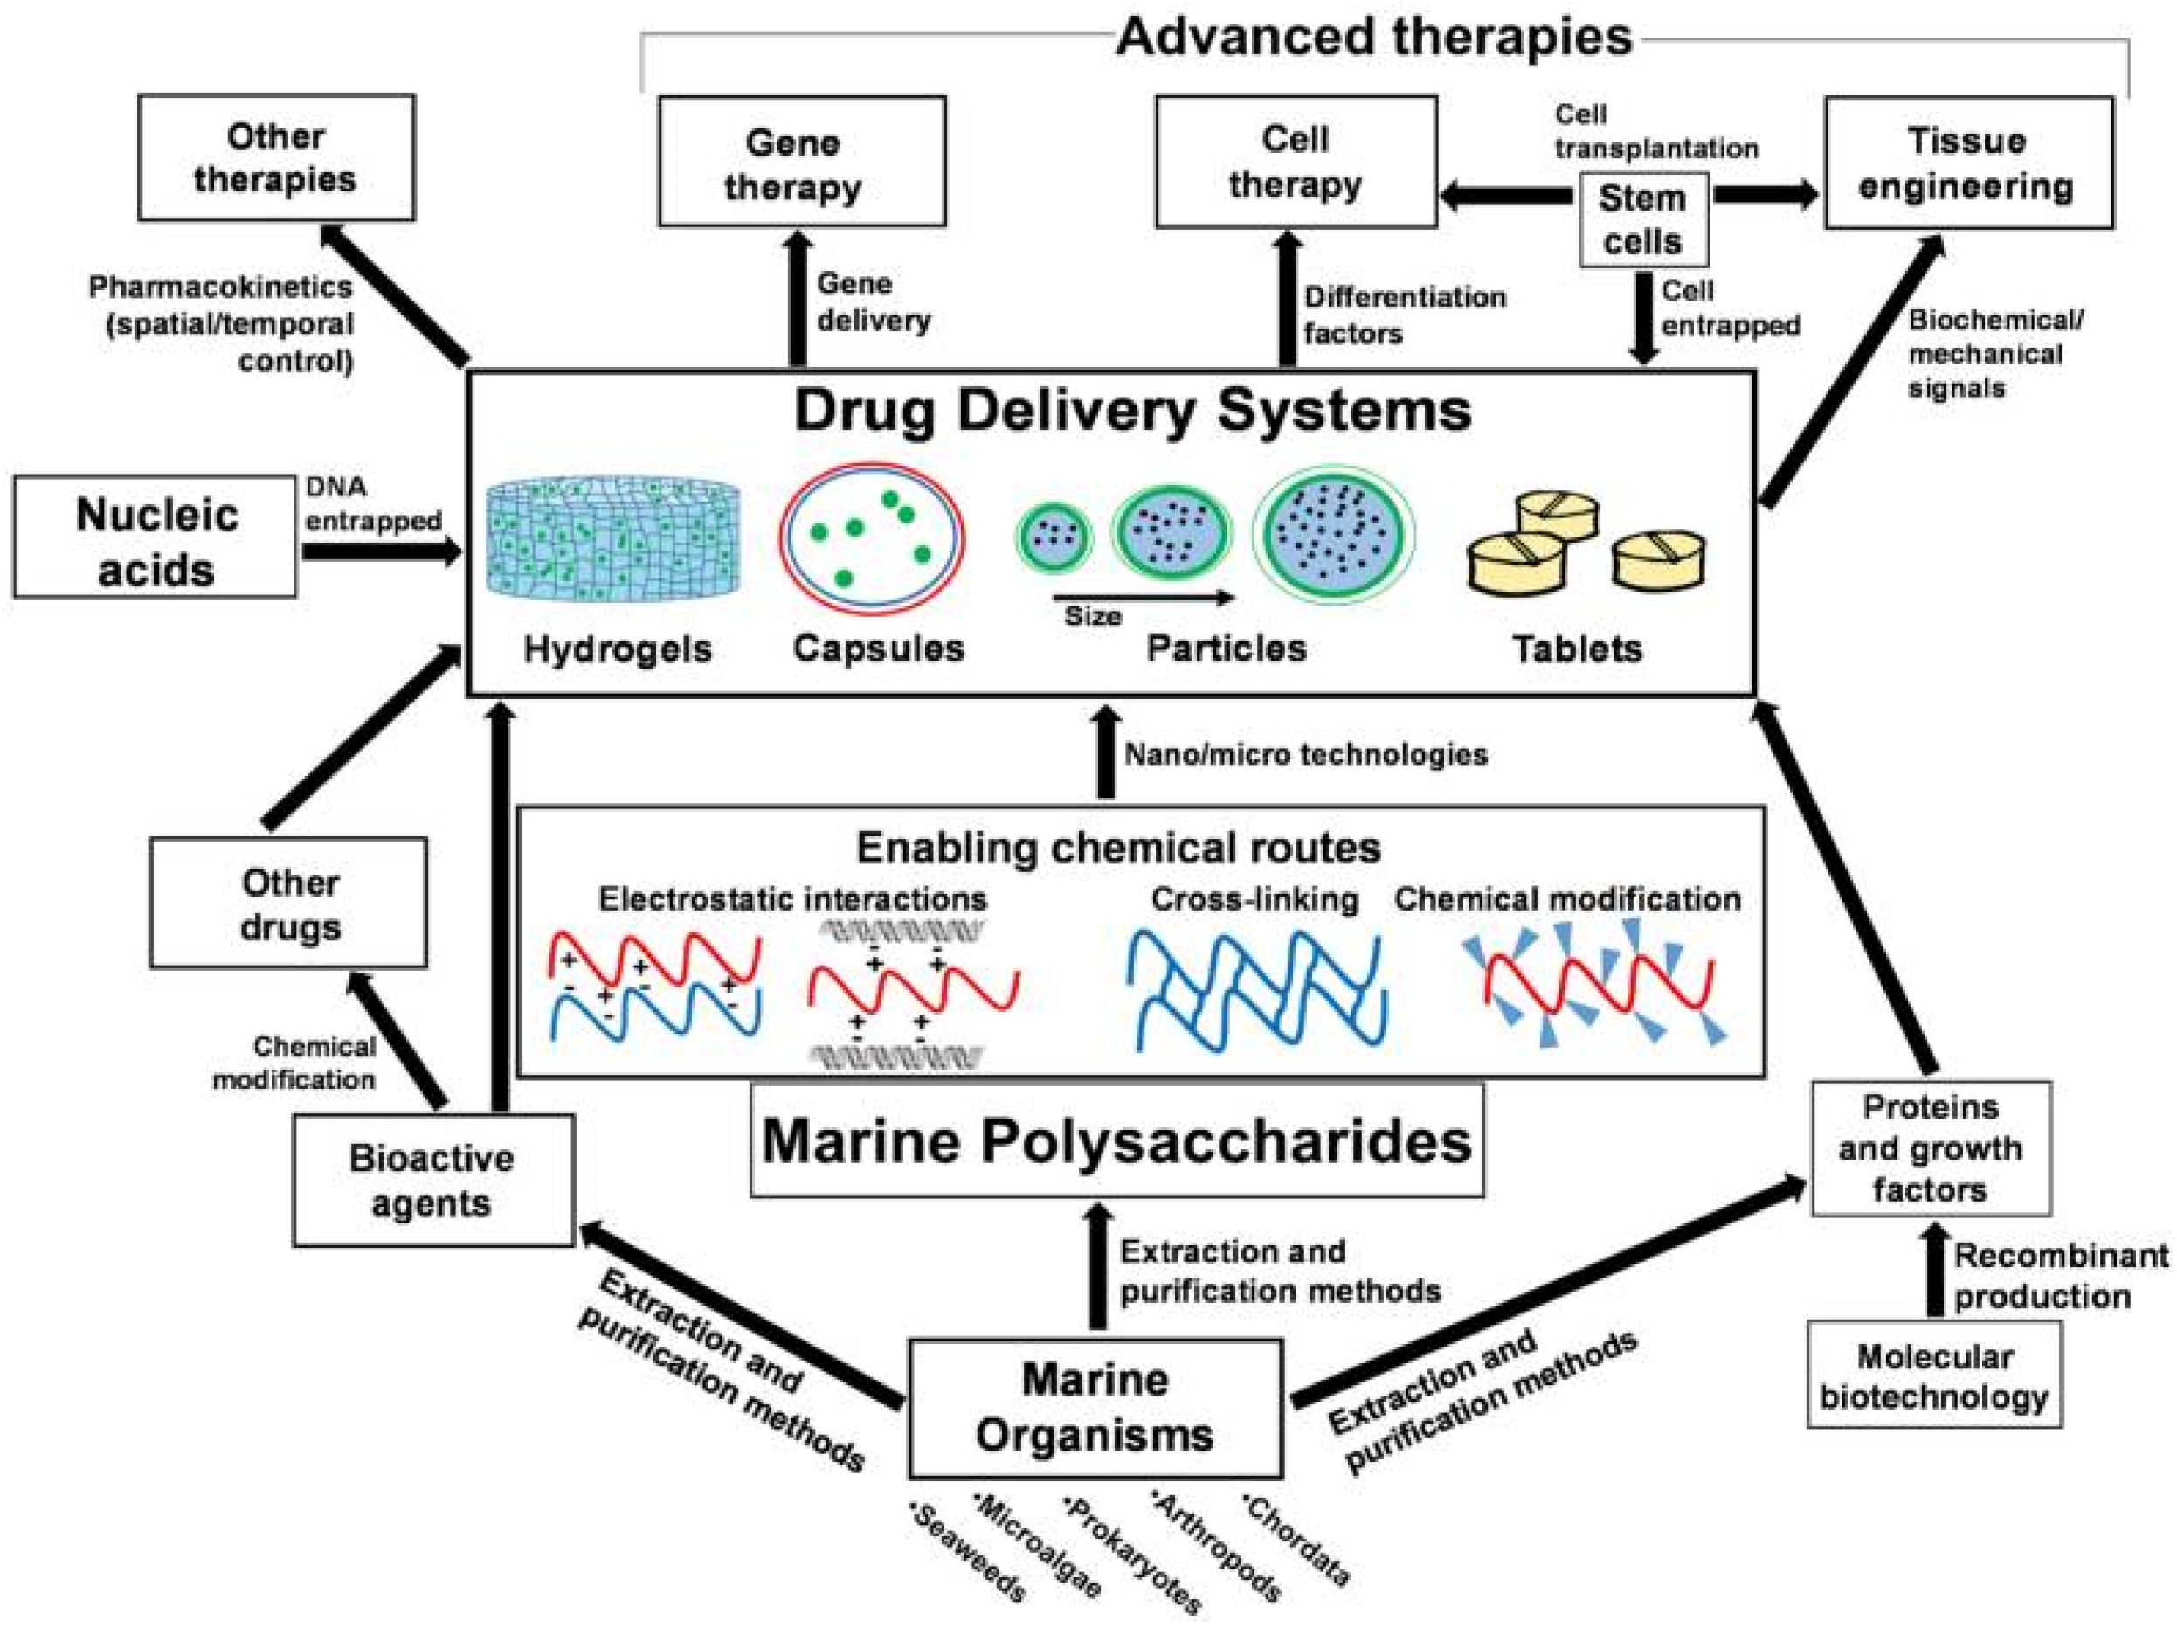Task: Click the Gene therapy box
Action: coord(801,162)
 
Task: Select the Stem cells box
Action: coord(1642,219)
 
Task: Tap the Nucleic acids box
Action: coord(155,537)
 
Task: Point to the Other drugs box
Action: coord(288,903)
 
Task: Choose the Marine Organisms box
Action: coord(1095,1408)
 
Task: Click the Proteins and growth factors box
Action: coord(1930,1147)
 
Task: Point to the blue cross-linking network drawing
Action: coord(1256,989)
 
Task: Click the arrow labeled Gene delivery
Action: coord(798,301)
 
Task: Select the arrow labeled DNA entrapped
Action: coord(382,551)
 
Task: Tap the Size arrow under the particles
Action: coord(1142,598)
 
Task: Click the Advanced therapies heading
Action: coord(1374,38)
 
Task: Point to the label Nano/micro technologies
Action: coord(1305,755)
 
